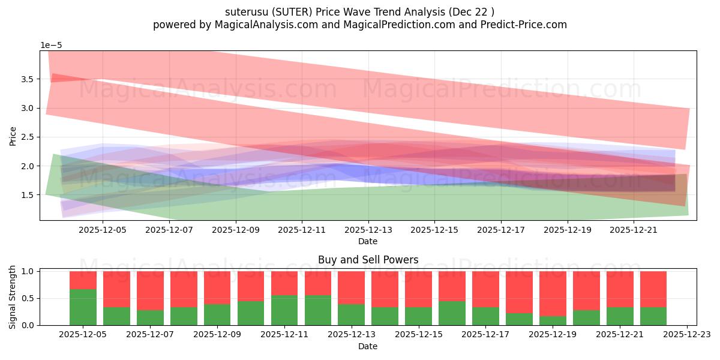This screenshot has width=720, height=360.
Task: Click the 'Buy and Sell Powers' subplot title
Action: tap(368, 260)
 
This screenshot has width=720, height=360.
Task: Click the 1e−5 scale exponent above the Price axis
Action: tap(51, 46)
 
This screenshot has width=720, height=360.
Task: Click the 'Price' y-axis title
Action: tap(13, 136)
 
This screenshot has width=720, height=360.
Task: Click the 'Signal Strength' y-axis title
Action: tap(13, 297)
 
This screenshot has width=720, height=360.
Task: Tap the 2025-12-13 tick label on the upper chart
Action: tap(368, 229)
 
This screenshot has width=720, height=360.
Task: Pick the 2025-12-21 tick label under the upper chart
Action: tap(634, 229)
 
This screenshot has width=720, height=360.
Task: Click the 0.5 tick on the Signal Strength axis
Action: tap(29, 298)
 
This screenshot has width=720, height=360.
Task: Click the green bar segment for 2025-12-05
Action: tap(83, 307)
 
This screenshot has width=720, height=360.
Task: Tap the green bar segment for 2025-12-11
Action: tap(284, 310)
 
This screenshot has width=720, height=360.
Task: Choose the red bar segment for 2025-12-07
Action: tap(150, 290)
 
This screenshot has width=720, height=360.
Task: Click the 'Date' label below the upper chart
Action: tap(368, 241)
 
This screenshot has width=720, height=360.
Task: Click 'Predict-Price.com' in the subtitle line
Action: tap(519, 25)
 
